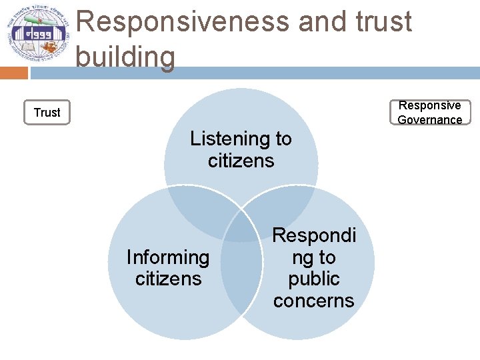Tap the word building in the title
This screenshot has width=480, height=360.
[x=125, y=57]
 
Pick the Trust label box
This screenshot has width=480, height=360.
[x=47, y=112]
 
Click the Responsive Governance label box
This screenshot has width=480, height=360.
[x=429, y=112]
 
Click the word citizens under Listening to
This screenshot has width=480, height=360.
[x=241, y=161]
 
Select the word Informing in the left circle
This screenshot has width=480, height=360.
[x=168, y=257]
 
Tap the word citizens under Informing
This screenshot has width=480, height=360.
[x=168, y=279]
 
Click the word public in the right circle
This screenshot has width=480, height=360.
[x=314, y=279]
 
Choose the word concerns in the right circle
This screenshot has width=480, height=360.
[x=314, y=301]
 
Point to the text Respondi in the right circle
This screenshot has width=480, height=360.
[x=314, y=235]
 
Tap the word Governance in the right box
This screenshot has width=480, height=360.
[x=429, y=120]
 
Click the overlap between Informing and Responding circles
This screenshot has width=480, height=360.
[x=241, y=267]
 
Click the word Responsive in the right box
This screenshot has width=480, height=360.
[x=429, y=105]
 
